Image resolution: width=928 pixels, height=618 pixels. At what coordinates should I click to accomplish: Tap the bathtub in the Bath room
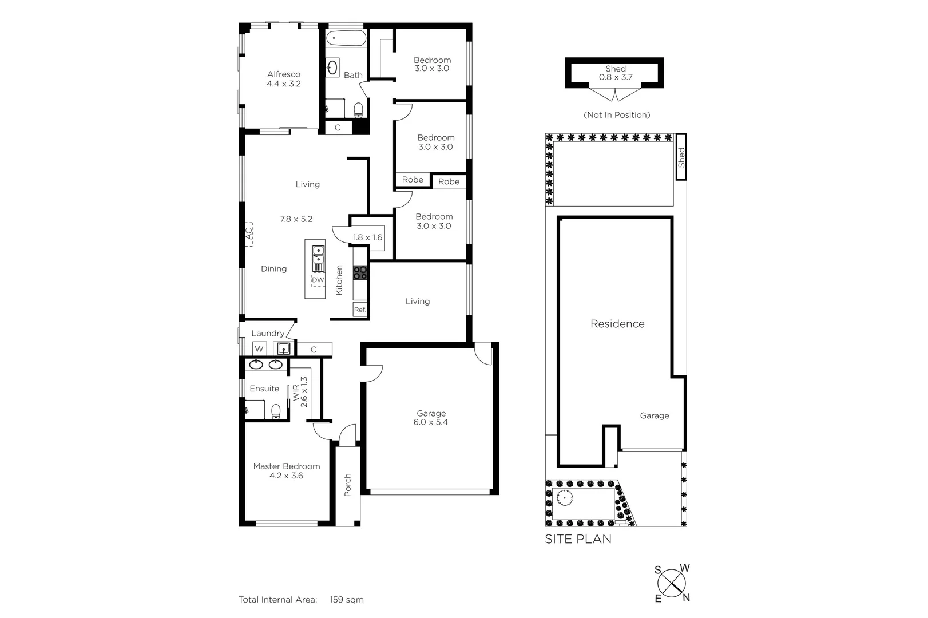[346, 39]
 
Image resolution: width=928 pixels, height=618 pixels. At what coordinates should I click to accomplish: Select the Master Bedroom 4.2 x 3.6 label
[286, 470]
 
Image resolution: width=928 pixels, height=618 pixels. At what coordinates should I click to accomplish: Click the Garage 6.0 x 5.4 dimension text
[430, 422]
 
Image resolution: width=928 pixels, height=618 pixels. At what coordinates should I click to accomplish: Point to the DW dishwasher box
[317, 280]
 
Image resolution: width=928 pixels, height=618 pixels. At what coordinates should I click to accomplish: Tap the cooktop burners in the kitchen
[360, 272]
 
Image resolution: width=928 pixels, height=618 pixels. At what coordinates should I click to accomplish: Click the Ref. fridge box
[359, 310]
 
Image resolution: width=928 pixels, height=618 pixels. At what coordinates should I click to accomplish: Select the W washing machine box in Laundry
[259, 348]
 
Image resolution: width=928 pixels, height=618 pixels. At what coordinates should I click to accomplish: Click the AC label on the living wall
[249, 234]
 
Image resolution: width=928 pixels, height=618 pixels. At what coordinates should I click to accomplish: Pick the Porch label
[347, 485]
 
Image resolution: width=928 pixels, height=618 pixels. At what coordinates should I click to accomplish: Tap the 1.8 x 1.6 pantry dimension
[367, 237]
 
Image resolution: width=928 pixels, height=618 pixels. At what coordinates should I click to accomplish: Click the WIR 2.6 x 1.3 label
[300, 392]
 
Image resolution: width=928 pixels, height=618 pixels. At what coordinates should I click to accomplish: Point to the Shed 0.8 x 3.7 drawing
[615, 73]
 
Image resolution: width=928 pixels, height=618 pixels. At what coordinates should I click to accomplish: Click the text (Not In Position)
[617, 115]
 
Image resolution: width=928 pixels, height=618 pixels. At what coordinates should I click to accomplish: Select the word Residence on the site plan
[617, 324]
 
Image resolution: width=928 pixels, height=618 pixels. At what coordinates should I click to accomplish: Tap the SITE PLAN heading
[578, 539]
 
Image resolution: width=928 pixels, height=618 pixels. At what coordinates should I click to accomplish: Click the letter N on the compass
[686, 598]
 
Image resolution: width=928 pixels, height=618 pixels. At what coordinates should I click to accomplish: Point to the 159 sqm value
[346, 600]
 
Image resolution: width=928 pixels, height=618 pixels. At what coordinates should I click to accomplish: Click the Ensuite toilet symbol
[276, 411]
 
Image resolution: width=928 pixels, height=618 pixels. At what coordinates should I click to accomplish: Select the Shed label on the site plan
[681, 157]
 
